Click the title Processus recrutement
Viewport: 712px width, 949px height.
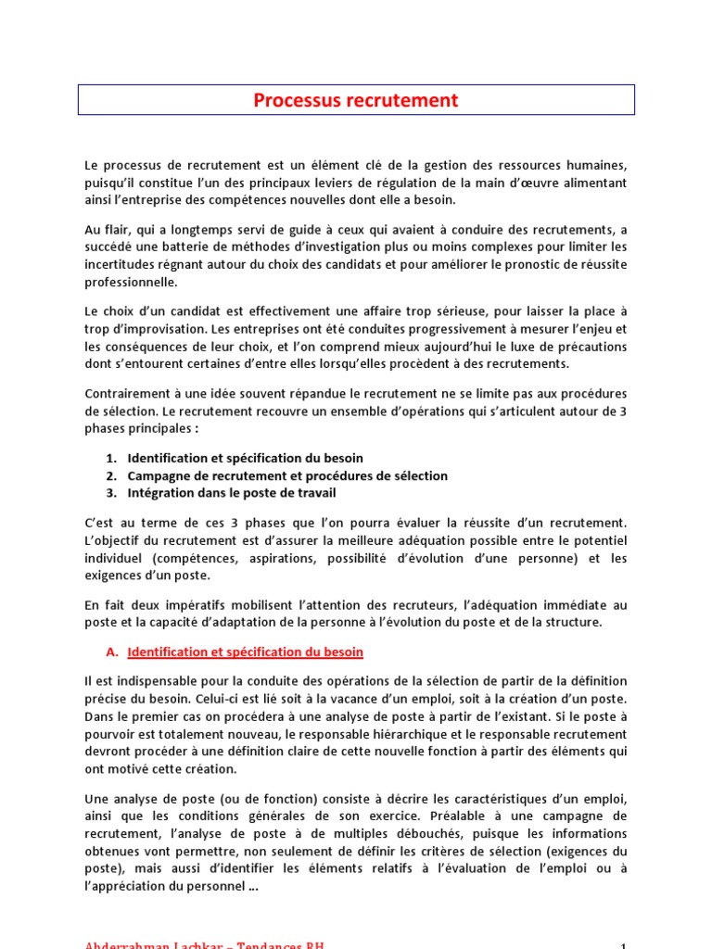point(356,100)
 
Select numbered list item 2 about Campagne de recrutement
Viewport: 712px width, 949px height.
point(287,475)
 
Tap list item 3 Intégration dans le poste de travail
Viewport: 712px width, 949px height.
point(232,493)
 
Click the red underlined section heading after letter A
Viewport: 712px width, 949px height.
point(245,652)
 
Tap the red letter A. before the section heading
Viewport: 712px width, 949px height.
point(112,652)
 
